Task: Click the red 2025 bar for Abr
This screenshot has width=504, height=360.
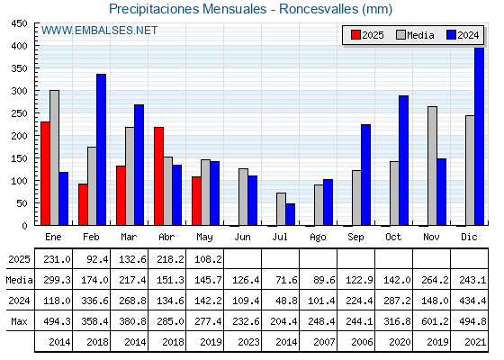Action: [x=158, y=176]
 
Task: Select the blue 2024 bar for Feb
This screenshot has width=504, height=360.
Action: [x=101, y=149]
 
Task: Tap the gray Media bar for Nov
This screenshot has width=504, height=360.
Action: [x=432, y=166]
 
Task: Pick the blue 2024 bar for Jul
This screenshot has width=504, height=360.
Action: [x=290, y=214]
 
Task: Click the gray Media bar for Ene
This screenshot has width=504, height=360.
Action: [x=54, y=157]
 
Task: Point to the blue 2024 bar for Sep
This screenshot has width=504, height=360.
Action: [x=365, y=175]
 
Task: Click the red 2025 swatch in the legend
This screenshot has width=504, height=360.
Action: [x=355, y=35]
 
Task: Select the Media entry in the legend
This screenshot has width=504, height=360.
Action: [x=415, y=35]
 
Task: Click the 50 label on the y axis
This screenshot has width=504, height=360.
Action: [x=22, y=203]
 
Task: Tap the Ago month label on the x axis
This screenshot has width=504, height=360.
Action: [x=318, y=238]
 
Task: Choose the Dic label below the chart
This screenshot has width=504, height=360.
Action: [x=469, y=237]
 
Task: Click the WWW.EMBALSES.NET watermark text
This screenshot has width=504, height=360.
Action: [x=99, y=31]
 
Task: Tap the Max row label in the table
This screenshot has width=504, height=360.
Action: [x=19, y=321]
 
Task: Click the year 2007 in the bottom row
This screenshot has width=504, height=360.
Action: [x=324, y=342]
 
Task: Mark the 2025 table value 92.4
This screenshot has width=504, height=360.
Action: [x=97, y=259]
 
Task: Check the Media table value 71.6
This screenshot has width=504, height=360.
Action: [x=286, y=280]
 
